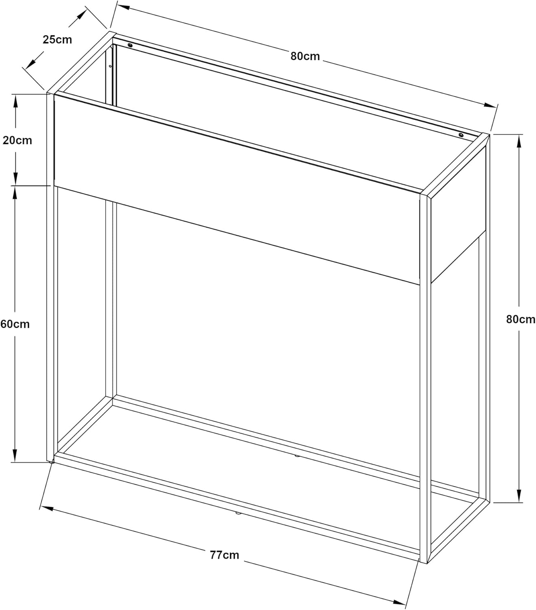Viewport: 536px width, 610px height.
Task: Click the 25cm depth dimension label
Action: pyautogui.click(x=57, y=39)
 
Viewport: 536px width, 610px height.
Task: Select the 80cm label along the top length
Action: pyautogui.click(x=305, y=56)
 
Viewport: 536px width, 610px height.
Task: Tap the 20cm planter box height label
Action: pyautogui.click(x=17, y=140)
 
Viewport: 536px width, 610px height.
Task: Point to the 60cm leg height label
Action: pyautogui.click(x=15, y=324)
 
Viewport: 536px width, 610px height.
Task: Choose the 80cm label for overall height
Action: pyautogui.click(x=521, y=319)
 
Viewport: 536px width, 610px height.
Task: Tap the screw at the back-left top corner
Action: pyautogui.click(x=131, y=45)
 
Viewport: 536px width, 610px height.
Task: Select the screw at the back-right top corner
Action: pyautogui.click(x=461, y=135)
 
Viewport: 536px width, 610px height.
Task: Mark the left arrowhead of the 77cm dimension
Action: pyautogui.click(x=47, y=508)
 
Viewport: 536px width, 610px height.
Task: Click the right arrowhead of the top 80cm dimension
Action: pyautogui.click(x=489, y=105)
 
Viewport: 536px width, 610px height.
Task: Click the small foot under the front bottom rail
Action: pyautogui.click(x=238, y=513)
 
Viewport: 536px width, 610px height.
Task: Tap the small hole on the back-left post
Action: pyautogui.click(x=110, y=66)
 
